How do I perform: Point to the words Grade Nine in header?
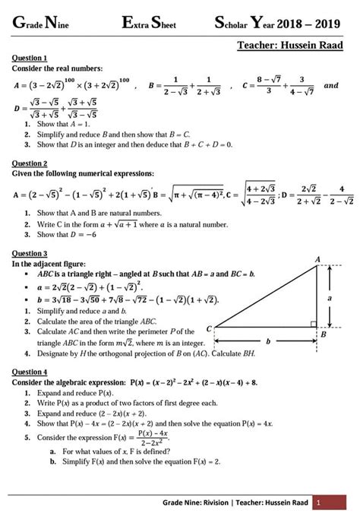coord(45,24)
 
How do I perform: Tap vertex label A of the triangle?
coord(317,259)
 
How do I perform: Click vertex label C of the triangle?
coord(210,328)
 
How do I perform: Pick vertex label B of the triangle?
coord(323,333)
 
